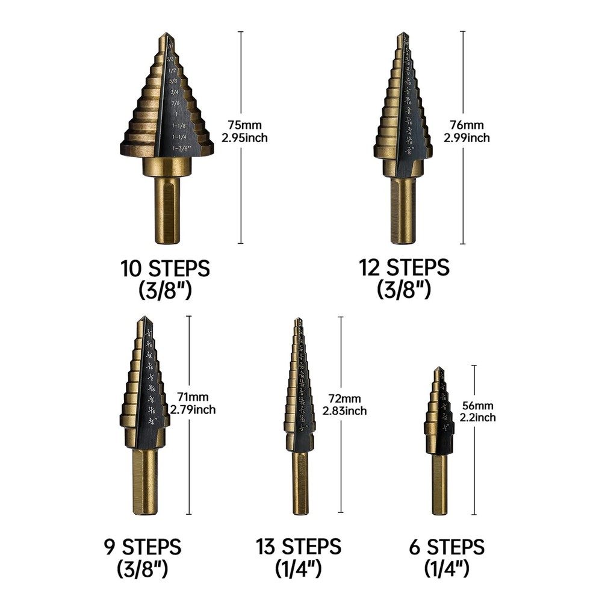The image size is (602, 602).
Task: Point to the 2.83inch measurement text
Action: (x=344, y=411)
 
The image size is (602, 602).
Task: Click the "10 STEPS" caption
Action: (x=166, y=268)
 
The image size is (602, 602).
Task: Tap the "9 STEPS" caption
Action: (x=142, y=547)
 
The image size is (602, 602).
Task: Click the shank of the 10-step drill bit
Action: (x=167, y=211)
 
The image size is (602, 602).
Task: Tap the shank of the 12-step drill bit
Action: (x=403, y=211)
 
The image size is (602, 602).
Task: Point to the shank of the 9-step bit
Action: (x=144, y=482)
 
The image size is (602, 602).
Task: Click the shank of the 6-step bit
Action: (x=439, y=485)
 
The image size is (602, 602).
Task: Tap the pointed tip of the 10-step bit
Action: (x=164, y=36)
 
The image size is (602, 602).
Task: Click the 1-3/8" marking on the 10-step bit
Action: (x=180, y=147)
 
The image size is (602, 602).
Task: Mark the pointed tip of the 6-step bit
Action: (x=438, y=368)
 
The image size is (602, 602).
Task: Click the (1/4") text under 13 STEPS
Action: (x=298, y=567)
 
